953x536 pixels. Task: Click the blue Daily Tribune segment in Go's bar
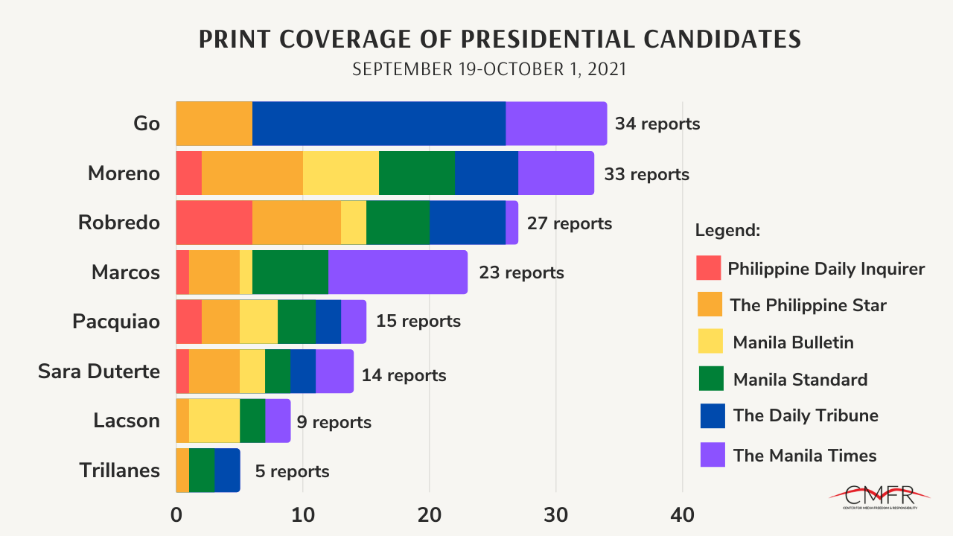[378, 124]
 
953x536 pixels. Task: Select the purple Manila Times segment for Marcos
[398, 272]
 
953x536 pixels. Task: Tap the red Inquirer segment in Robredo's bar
[214, 223]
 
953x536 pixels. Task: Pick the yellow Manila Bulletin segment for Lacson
[214, 421]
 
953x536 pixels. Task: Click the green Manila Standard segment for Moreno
[416, 173]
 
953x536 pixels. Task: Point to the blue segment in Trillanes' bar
[227, 470]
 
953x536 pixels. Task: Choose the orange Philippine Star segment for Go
[214, 124]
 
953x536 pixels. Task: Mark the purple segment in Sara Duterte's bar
[334, 371]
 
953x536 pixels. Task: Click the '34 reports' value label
[657, 124]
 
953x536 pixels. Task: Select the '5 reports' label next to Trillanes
[292, 471]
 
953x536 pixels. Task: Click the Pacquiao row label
[116, 322]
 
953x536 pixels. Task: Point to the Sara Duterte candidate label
[99, 371]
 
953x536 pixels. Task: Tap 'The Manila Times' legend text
[805, 455]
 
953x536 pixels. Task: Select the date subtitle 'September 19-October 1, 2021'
[489, 69]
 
